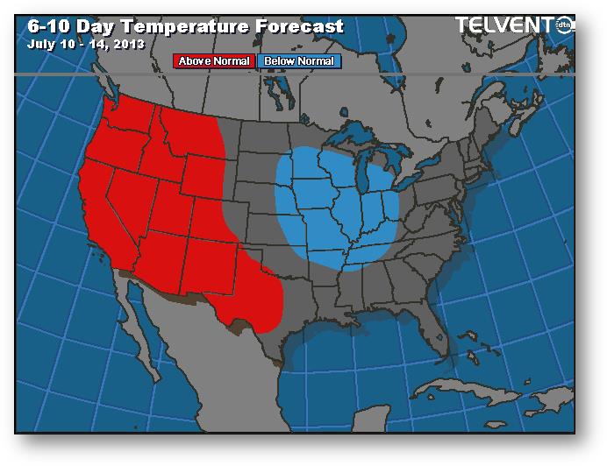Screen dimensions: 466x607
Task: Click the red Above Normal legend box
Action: coord(214,61)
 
